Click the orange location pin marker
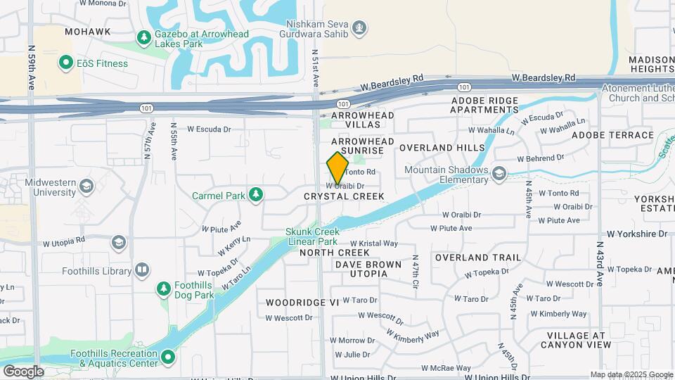(x=337, y=168)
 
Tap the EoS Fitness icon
(x=67, y=63)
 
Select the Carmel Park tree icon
(x=256, y=194)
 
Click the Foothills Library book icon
(x=142, y=270)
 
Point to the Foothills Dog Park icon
(x=164, y=289)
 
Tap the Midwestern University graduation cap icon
(x=86, y=186)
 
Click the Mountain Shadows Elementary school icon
(x=499, y=173)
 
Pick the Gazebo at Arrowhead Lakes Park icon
(x=144, y=37)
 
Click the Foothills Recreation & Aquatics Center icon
(x=168, y=358)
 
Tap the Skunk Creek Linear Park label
(x=313, y=236)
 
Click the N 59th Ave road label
(x=32, y=68)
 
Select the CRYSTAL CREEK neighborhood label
(x=344, y=197)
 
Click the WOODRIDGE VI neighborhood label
(x=302, y=302)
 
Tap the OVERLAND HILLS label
(x=442, y=148)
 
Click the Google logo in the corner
(x=23, y=372)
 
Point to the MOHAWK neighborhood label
(x=87, y=32)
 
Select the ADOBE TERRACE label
(x=612, y=134)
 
